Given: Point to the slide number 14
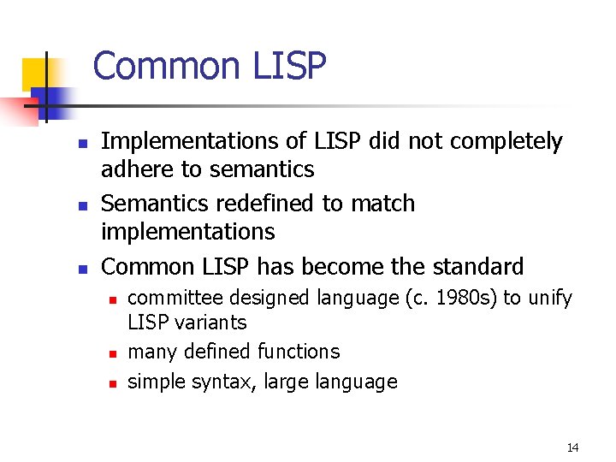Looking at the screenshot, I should coord(572,447).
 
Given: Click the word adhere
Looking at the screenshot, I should coord(137,169).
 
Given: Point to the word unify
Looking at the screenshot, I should coord(550,298).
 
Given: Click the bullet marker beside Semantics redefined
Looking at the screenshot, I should coord(80,206).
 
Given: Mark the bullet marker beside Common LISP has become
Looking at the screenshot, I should coord(80,269).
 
